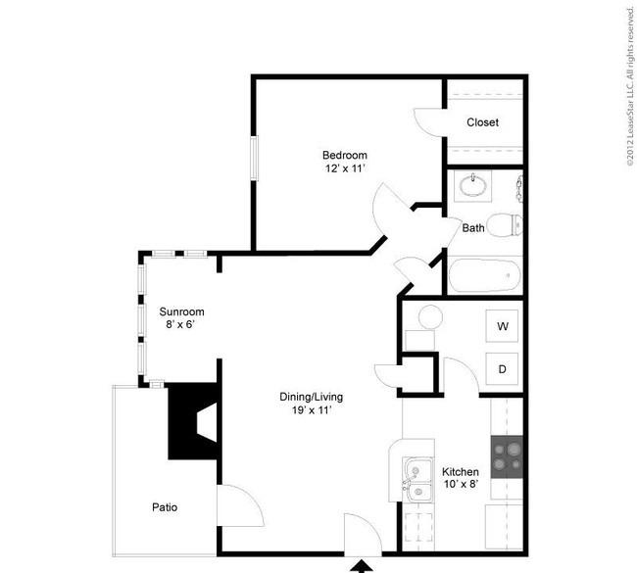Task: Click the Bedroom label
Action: [x=345, y=155]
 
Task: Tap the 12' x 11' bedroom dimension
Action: [x=345, y=168]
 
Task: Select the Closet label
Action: [x=482, y=122]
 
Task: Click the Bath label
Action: [x=473, y=228]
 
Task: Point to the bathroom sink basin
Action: [x=473, y=186]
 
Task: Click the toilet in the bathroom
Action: [x=505, y=225]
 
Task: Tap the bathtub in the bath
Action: [x=485, y=275]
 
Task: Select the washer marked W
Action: [x=502, y=326]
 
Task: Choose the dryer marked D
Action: [x=502, y=369]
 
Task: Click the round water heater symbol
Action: [x=430, y=316]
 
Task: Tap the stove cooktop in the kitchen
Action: [x=507, y=456]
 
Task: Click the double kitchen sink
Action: [x=417, y=480]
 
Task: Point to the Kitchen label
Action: [x=461, y=472]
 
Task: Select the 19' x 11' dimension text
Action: [x=312, y=410]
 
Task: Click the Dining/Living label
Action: [x=312, y=397]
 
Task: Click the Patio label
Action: [x=165, y=507]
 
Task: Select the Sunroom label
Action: [x=181, y=311]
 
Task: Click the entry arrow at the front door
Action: [x=361, y=566]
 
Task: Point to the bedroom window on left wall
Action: [x=255, y=158]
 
